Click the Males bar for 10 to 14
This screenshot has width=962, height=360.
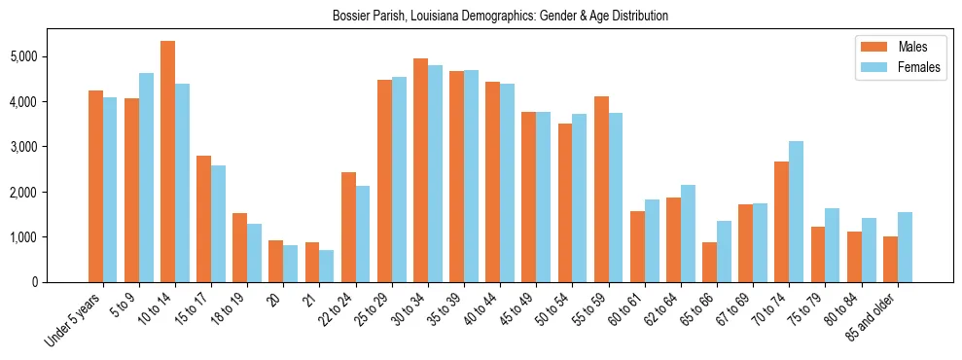[x=167, y=162]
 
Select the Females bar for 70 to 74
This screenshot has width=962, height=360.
[x=796, y=211]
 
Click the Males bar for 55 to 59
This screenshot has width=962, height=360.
[x=601, y=189]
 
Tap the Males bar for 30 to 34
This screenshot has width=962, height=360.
[x=420, y=170]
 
